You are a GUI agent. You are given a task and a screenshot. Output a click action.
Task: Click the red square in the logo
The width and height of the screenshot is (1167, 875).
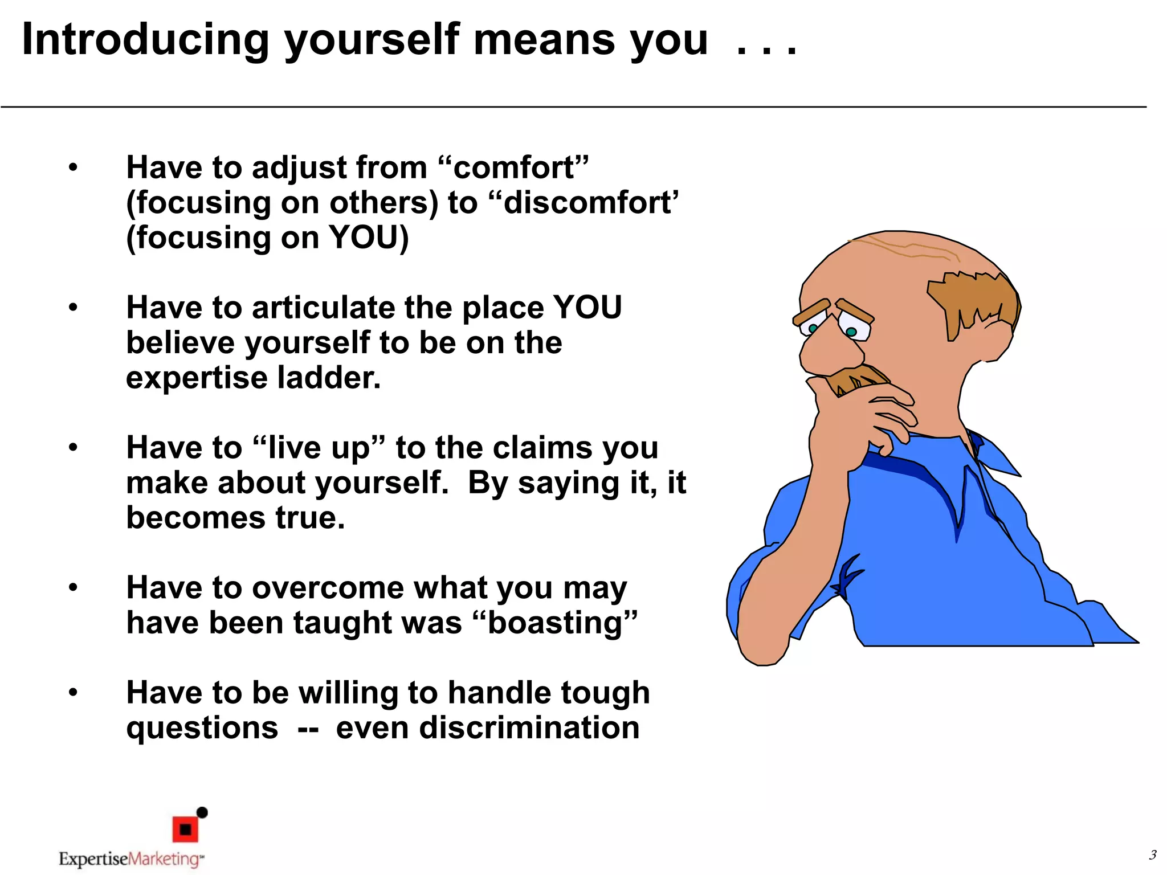pyautogui.click(x=185, y=829)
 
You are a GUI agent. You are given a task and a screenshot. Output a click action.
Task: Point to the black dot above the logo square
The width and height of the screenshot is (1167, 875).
pyautogui.click(x=202, y=812)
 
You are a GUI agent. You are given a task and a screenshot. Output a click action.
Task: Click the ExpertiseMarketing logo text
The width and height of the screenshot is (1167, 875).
pyautogui.click(x=130, y=859)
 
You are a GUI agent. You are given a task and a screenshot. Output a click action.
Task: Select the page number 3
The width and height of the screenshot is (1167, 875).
pyautogui.click(x=1152, y=855)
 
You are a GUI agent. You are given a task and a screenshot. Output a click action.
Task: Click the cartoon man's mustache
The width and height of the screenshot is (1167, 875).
pyautogui.click(x=855, y=379)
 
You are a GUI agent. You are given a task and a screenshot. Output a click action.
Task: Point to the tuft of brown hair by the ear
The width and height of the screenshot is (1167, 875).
pyautogui.click(x=974, y=302)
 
